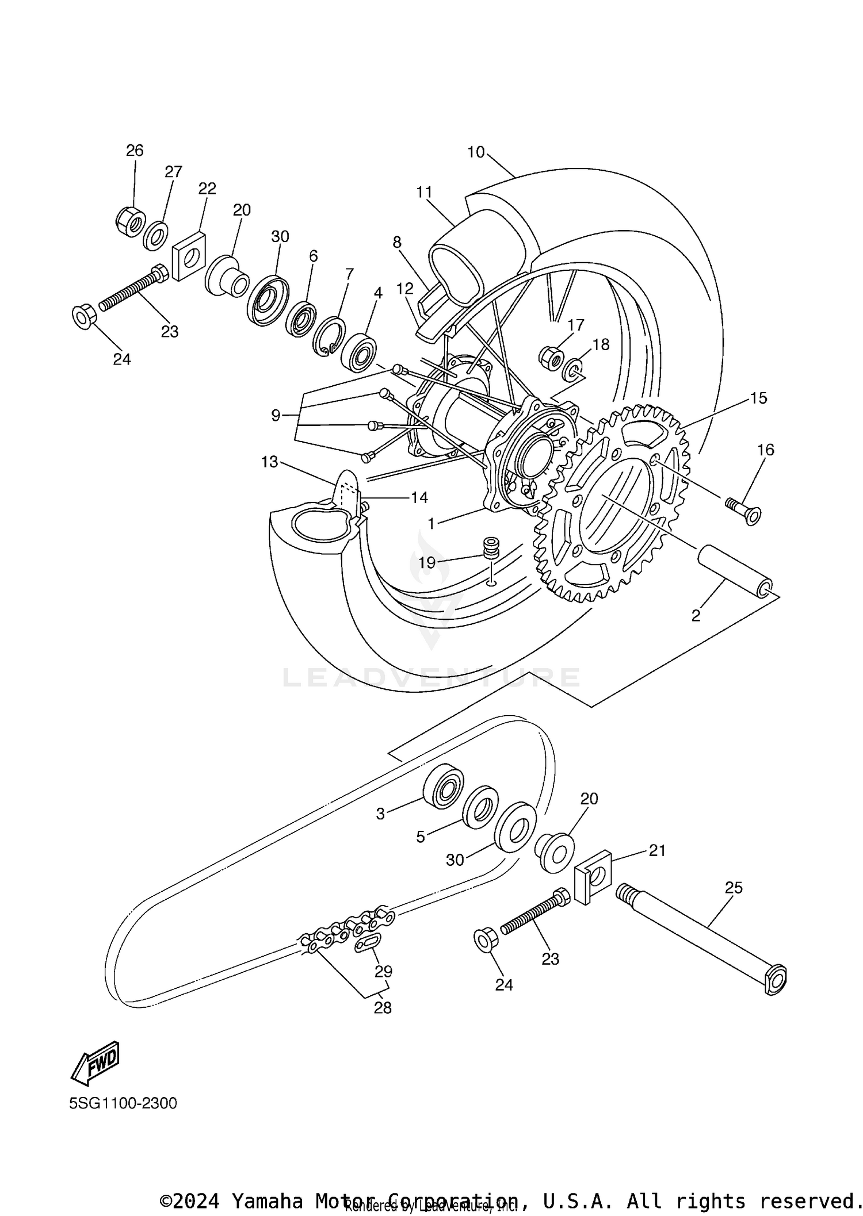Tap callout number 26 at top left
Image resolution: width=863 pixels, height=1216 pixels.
[x=135, y=151]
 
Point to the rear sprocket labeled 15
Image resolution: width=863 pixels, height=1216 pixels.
[x=610, y=506]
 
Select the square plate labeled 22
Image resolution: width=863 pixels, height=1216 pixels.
[x=189, y=256]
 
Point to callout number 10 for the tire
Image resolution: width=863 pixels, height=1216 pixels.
[x=476, y=152]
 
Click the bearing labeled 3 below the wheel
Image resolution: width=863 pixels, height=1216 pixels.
[x=443, y=785]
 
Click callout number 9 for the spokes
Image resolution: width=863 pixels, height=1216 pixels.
[x=276, y=415]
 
